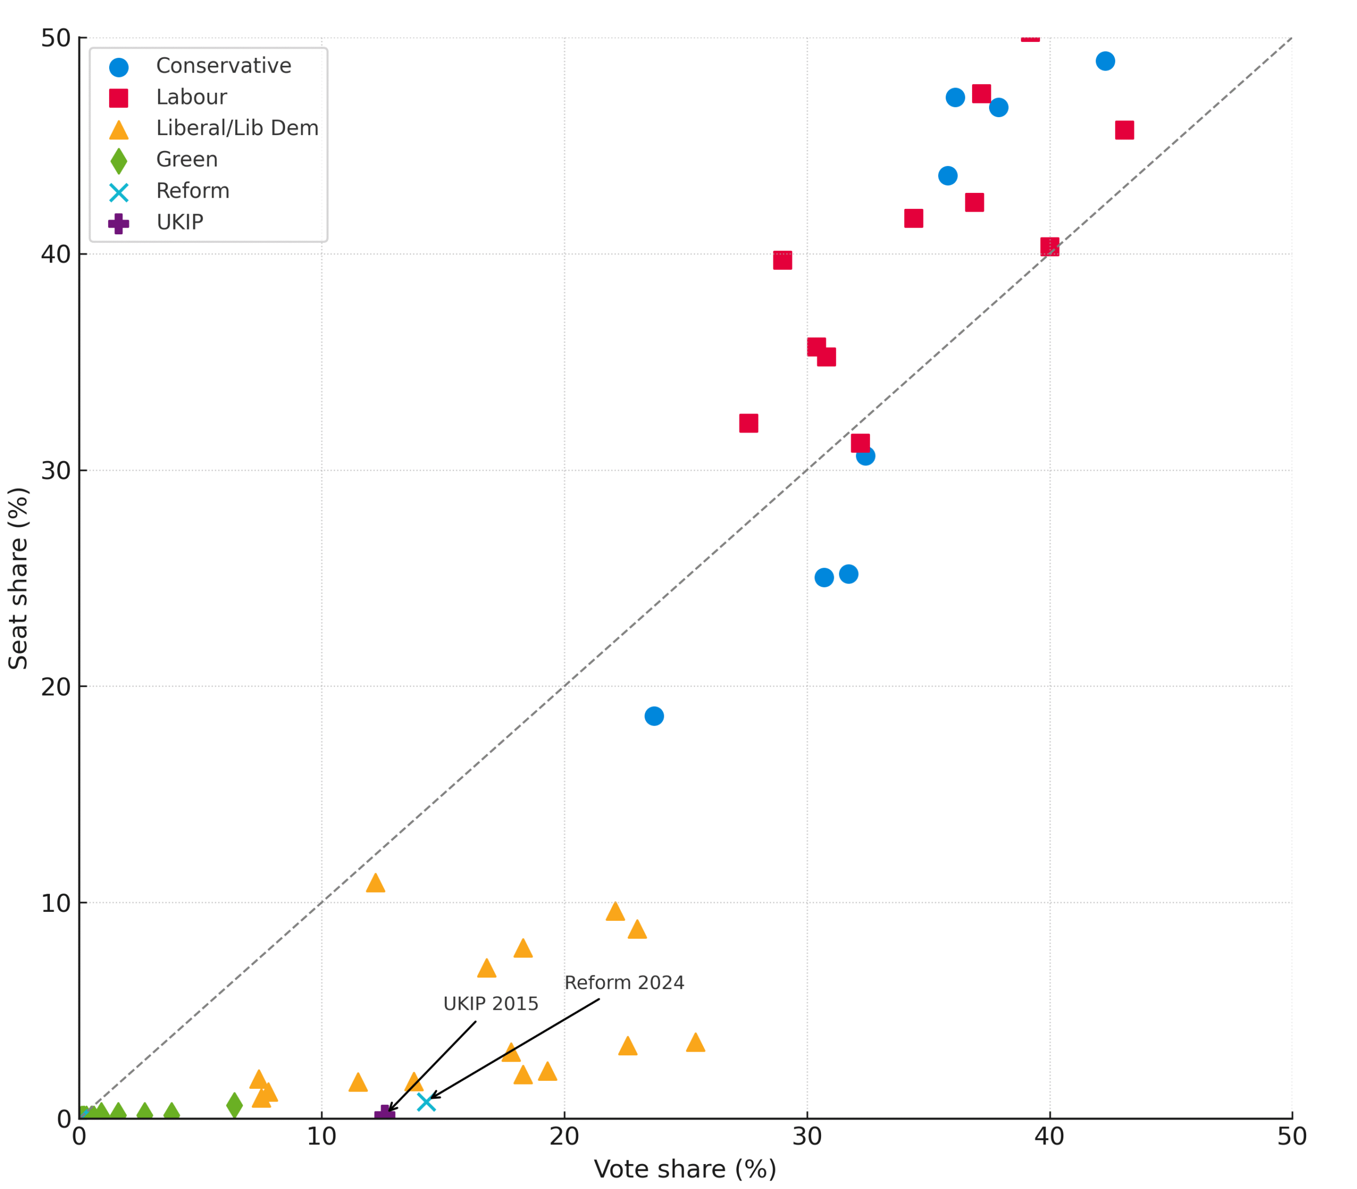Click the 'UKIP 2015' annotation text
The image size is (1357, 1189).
click(x=490, y=1004)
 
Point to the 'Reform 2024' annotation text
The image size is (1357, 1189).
click(x=624, y=983)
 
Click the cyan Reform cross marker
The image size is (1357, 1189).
click(x=426, y=1102)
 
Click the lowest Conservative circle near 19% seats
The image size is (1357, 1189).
click(x=654, y=716)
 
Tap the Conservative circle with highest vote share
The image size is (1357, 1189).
click(x=1105, y=61)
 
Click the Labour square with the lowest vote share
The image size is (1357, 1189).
click(x=748, y=424)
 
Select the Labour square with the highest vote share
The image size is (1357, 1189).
click(x=1124, y=130)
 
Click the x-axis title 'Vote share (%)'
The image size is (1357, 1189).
click(x=685, y=1169)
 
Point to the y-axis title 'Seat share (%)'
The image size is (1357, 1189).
click(x=18, y=578)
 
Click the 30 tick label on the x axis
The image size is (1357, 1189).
click(x=807, y=1137)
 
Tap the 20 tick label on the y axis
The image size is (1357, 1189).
click(x=56, y=686)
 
